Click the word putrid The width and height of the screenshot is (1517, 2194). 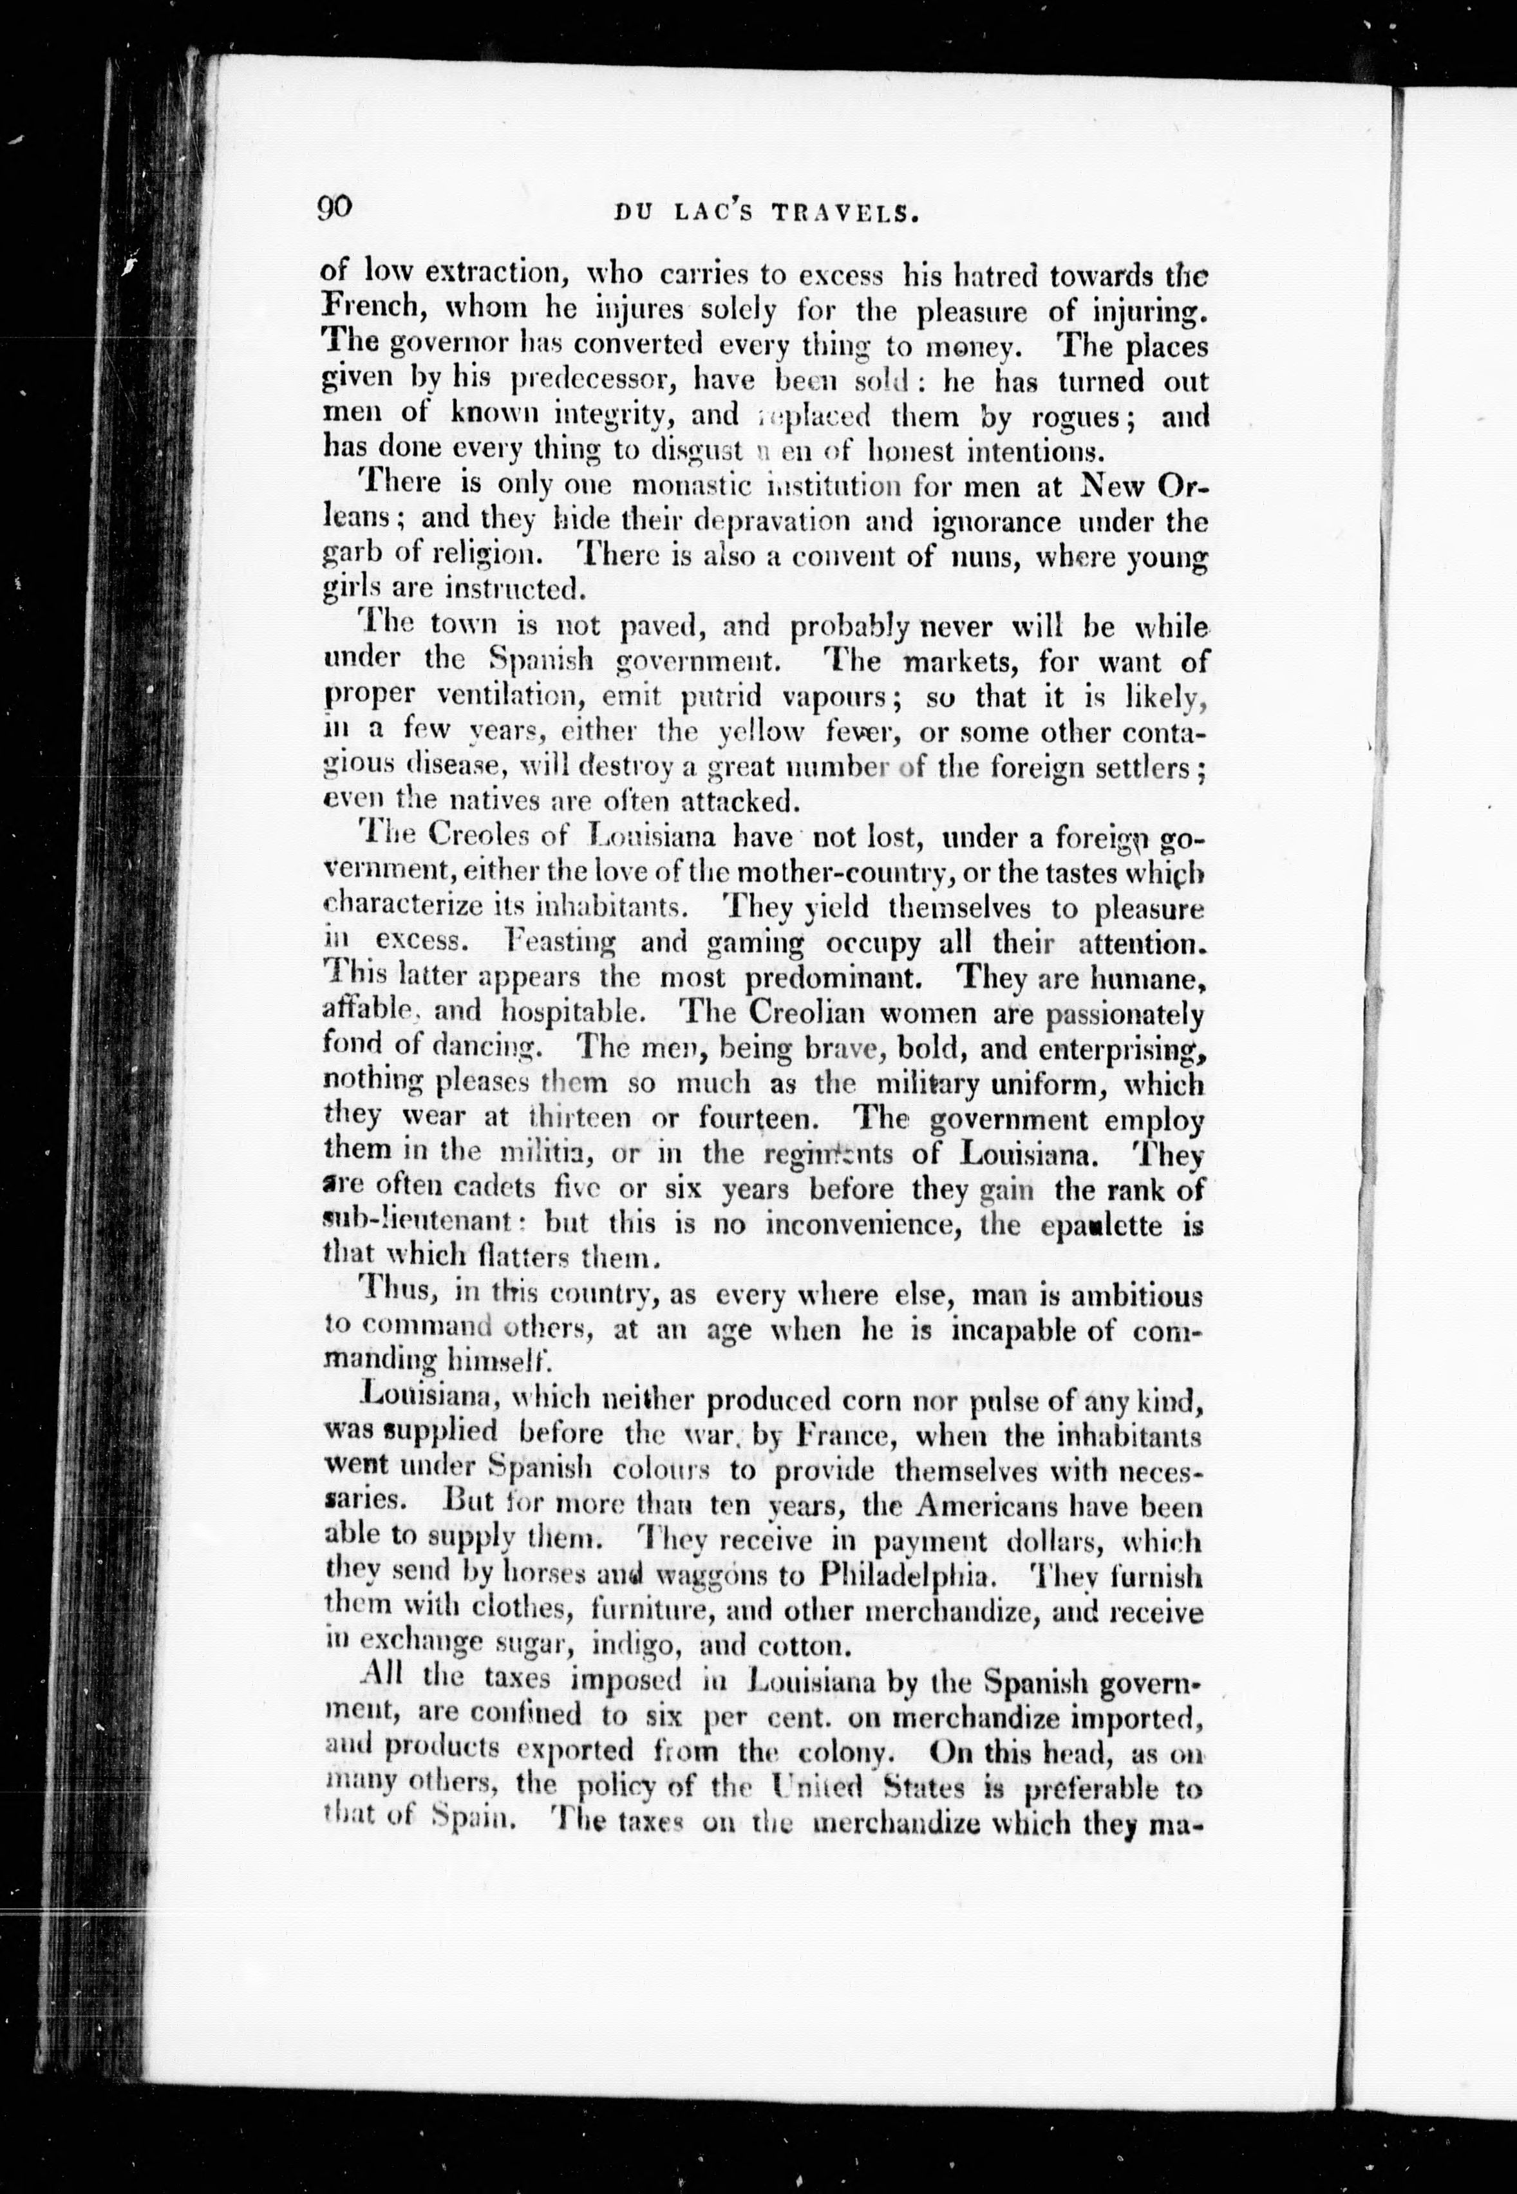pyautogui.click(x=721, y=697)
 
